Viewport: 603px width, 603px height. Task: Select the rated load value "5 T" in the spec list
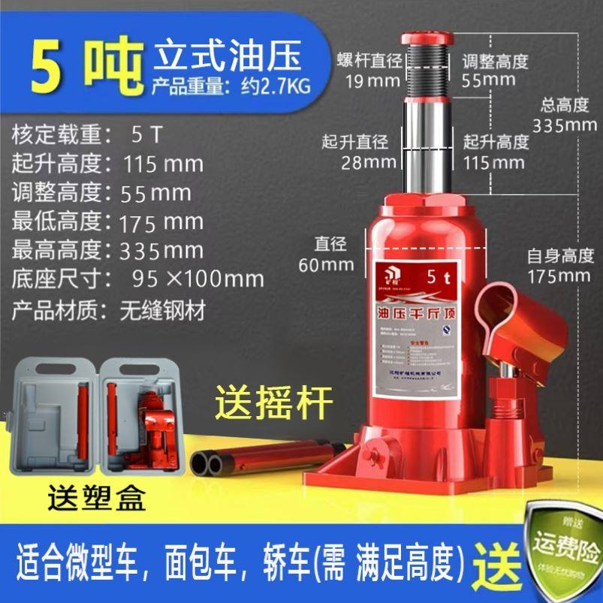146,136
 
